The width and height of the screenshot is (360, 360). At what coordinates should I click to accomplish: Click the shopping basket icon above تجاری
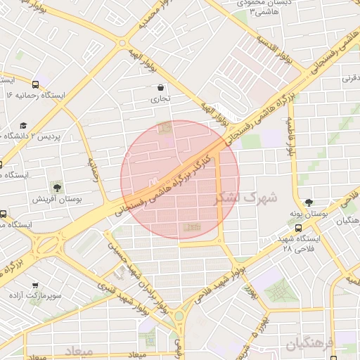click(x=162, y=88)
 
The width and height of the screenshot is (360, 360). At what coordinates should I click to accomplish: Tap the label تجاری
click(x=162, y=100)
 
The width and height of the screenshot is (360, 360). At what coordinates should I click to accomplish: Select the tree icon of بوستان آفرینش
click(x=56, y=188)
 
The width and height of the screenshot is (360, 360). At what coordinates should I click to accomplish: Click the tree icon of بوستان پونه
click(x=308, y=202)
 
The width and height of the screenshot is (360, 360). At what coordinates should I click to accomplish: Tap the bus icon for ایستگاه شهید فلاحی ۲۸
click(x=300, y=229)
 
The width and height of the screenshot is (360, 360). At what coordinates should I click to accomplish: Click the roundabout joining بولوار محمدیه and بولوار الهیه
click(x=123, y=44)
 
